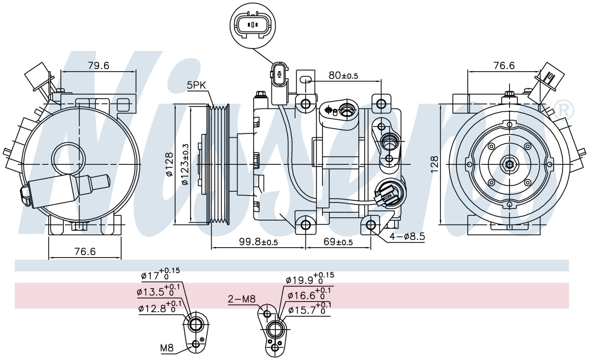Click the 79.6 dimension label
click(98, 66)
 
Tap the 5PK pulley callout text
click(196, 85)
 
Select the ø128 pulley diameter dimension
click(170, 164)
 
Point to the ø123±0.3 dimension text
click(185, 164)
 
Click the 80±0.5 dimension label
click(344, 76)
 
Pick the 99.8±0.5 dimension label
click(258, 241)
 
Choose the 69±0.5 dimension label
click(338, 241)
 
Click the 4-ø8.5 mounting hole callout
click(407, 236)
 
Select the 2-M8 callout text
click(241, 299)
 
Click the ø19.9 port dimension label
click(310, 279)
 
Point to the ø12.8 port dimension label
click(160, 308)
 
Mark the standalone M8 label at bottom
click(167, 348)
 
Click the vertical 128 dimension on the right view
click(435, 164)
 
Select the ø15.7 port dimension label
click(310, 308)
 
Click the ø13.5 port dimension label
click(158, 290)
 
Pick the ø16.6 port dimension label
click(309, 294)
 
